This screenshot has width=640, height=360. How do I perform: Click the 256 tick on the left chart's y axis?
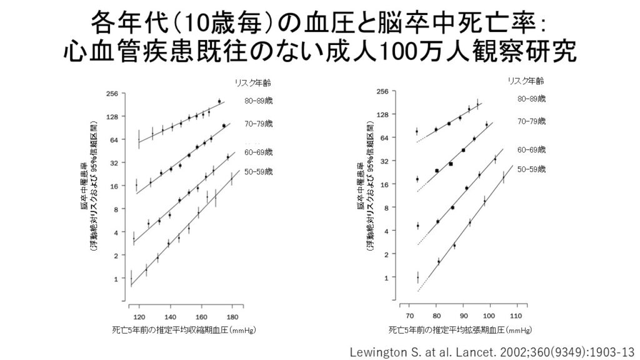[112, 94]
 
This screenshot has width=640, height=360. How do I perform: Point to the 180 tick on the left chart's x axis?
[232, 316]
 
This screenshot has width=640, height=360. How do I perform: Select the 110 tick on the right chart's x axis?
[516, 316]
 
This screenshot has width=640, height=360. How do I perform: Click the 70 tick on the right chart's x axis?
[410, 316]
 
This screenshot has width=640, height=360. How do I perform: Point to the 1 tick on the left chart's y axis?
[115, 279]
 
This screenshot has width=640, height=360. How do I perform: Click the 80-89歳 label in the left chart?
[259, 101]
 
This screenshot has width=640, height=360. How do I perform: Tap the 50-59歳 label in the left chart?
[259, 171]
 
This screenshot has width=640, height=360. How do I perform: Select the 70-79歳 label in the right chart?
[531, 121]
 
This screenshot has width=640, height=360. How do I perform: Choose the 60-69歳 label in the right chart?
[531, 150]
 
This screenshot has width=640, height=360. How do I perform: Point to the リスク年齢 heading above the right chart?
[525, 81]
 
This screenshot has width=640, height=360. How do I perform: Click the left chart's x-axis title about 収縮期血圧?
[186, 329]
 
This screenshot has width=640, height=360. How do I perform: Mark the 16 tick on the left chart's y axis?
[114, 186]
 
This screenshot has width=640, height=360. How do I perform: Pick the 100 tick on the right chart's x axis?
[489, 316]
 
